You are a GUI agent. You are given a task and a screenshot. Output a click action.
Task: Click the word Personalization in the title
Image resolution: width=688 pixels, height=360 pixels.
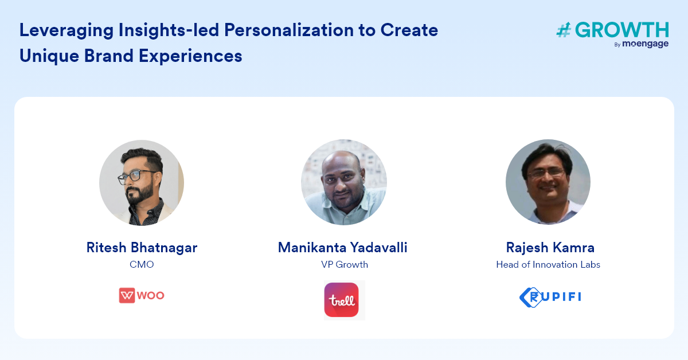coord(289,30)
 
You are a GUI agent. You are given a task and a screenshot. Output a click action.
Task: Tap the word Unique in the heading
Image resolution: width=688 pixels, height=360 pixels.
coord(49,56)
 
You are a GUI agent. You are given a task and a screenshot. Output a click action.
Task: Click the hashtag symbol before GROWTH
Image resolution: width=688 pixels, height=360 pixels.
coord(564,30)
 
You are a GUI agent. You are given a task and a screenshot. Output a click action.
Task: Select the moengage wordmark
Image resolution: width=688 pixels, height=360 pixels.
coord(646,44)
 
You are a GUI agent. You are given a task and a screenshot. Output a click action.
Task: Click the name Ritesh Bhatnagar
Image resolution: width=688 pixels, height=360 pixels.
coord(142,248)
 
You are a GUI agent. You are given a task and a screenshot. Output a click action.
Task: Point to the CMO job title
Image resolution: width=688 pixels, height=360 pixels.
coord(142,264)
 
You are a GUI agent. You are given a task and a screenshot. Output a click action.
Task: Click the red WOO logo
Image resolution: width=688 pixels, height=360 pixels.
coord(142,295)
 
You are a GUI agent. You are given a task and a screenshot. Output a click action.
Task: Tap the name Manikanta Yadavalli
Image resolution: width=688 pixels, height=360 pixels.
coord(342,248)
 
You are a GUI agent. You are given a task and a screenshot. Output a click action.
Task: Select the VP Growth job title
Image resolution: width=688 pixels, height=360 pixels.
coord(345,264)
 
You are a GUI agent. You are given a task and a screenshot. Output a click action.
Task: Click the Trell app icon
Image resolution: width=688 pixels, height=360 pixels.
coord(341,300)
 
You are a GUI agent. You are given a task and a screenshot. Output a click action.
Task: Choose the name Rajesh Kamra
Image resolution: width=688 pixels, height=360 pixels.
coord(550,248)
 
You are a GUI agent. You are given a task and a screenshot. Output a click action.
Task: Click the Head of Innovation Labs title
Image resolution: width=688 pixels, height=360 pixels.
coord(548,264)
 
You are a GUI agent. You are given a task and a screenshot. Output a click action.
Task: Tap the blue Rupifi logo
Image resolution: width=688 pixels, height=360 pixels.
coord(550,297)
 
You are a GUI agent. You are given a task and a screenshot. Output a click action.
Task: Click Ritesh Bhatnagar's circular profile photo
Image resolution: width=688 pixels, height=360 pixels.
coord(142,183)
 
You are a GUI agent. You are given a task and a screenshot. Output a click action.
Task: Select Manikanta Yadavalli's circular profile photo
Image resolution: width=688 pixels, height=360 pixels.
coord(343,182)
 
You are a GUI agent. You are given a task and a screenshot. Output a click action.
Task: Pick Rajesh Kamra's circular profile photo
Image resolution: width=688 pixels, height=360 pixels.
coord(548,182)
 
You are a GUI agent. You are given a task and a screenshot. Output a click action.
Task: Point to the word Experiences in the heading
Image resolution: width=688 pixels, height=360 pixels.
coord(190,56)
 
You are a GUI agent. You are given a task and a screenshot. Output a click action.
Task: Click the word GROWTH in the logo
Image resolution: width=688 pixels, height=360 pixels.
coord(621,30)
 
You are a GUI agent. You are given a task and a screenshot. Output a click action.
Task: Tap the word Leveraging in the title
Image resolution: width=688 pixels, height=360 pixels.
coord(67,31)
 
